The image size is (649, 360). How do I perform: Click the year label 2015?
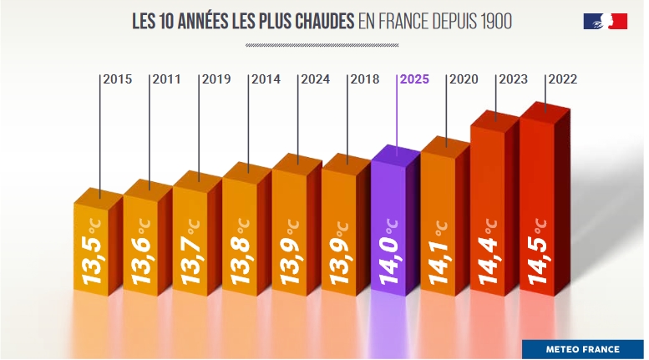point(118,80)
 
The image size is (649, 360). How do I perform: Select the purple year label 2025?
point(414,80)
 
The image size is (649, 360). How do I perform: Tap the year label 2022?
point(562,80)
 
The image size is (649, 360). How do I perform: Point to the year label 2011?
point(167,80)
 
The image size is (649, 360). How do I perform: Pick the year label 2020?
point(464,80)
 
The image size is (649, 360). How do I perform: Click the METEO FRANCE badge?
point(582,349)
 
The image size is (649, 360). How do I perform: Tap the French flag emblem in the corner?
point(605,22)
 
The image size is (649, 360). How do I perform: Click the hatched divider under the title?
point(322,44)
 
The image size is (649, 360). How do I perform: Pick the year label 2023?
point(513,80)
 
